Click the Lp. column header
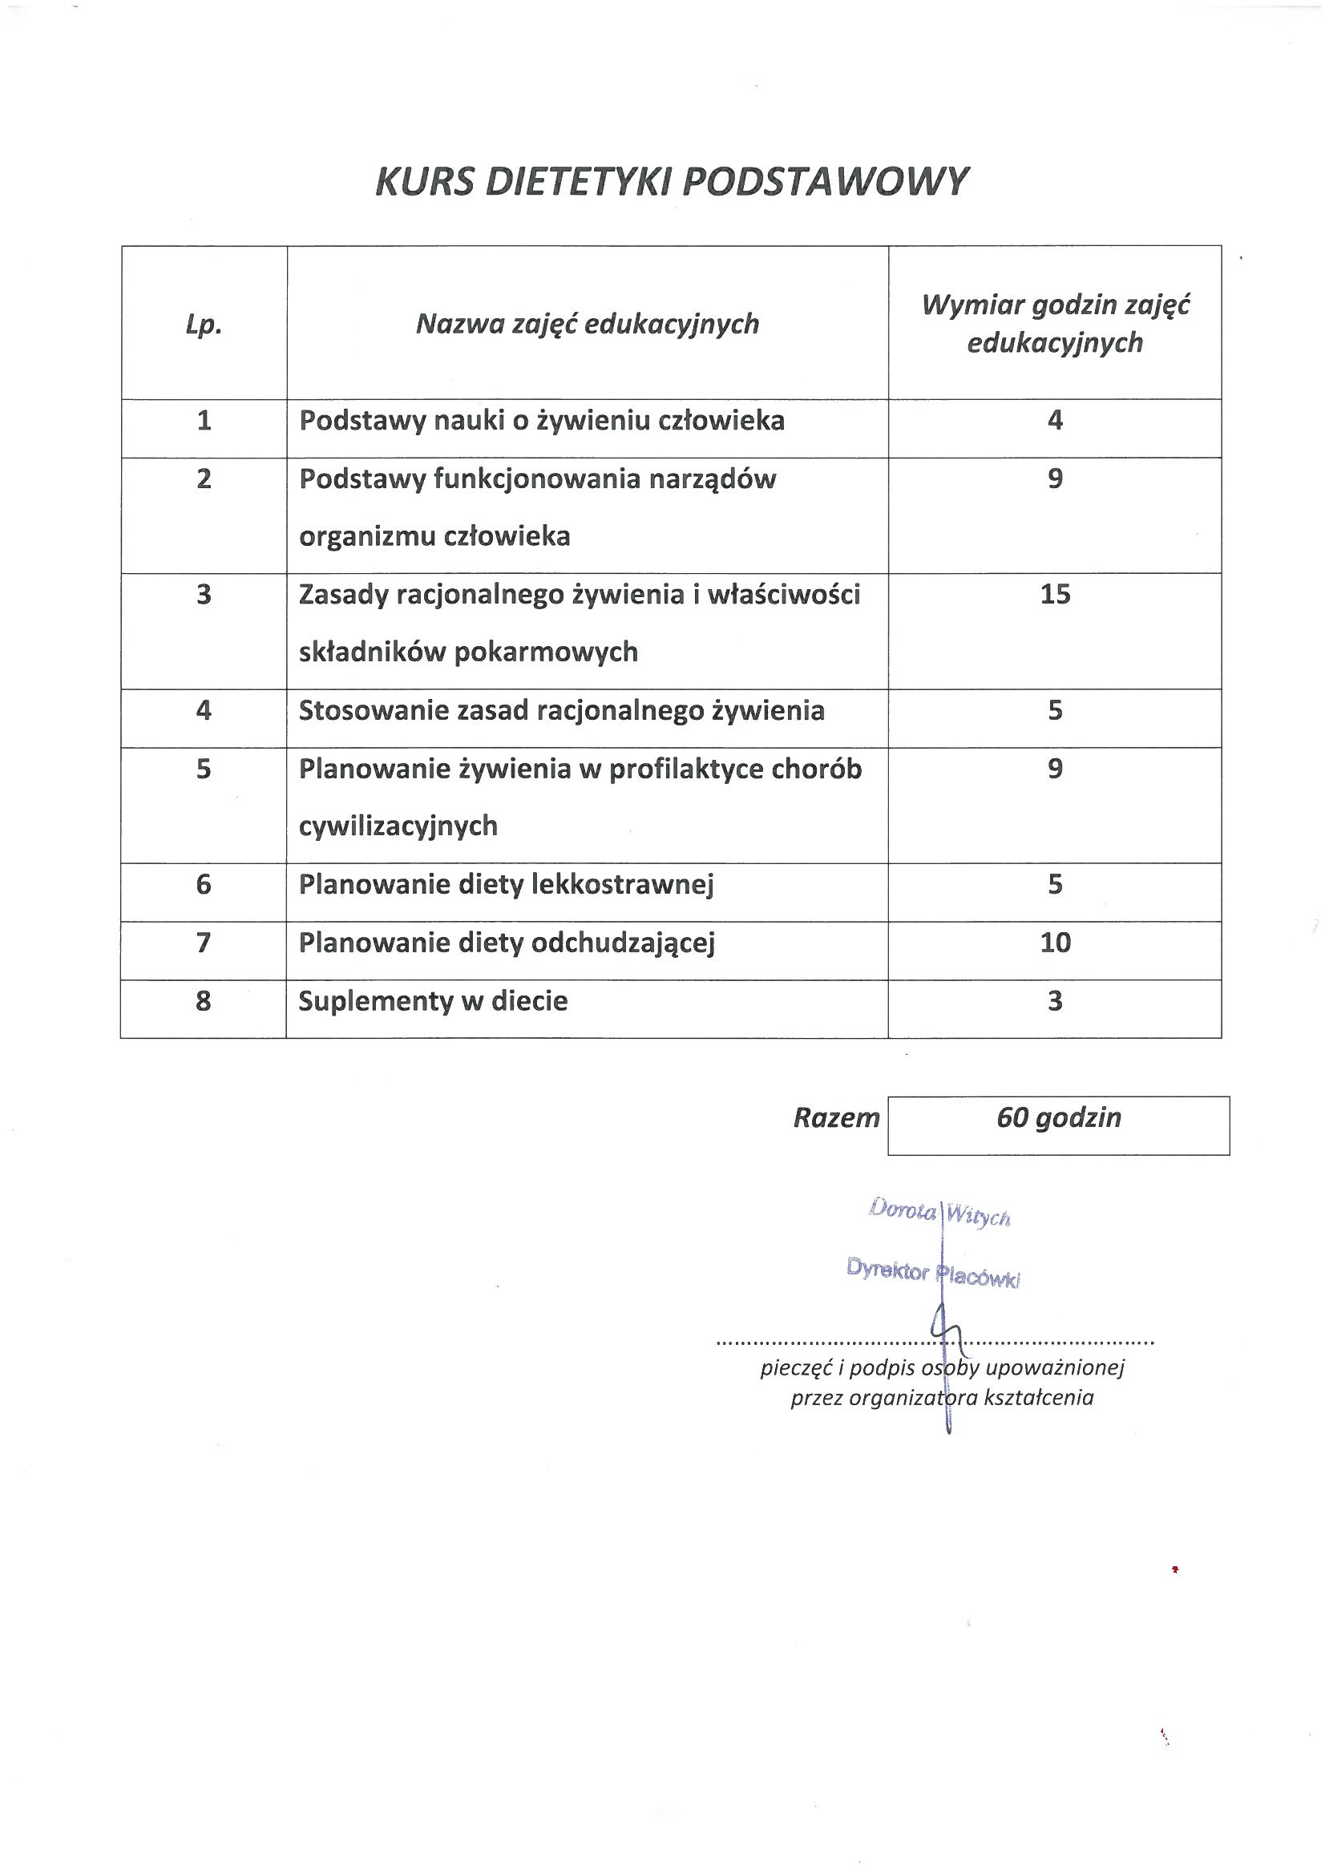(x=204, y=325)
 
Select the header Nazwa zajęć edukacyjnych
(x=587, y=324)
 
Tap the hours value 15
(x=1055, y=594)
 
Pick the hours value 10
(x=1055, y=943)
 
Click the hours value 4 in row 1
(x=1055, y=420)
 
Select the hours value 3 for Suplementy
(x=1055, y=1000)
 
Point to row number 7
(x=204, y=943)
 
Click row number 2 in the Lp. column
(x=204, y=479)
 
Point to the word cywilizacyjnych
(x=398, y=826)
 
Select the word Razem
(x=836, y=1117)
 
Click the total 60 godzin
(x=1059, y=1117)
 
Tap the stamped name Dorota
(x=902, y=1209)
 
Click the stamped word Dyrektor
(x=887, y=1270)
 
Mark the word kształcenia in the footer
(x=1039, y=1398)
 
